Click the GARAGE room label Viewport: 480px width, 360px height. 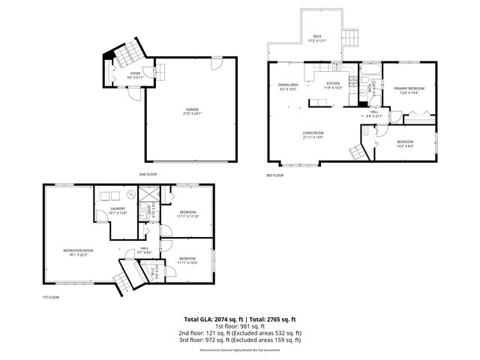click(193, 111)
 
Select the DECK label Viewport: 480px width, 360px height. click(316, 38)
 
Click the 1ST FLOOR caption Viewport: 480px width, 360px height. click(50, 298)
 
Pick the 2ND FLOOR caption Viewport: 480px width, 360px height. click(148, 174)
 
